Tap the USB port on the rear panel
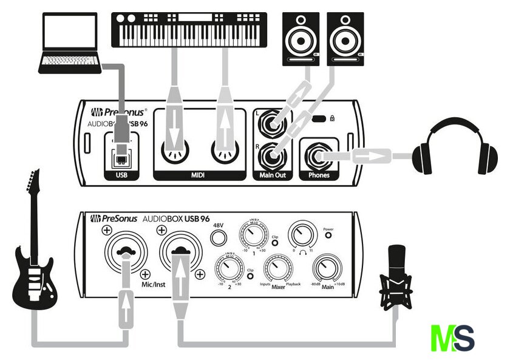[121, 154]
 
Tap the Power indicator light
[328, 239]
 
